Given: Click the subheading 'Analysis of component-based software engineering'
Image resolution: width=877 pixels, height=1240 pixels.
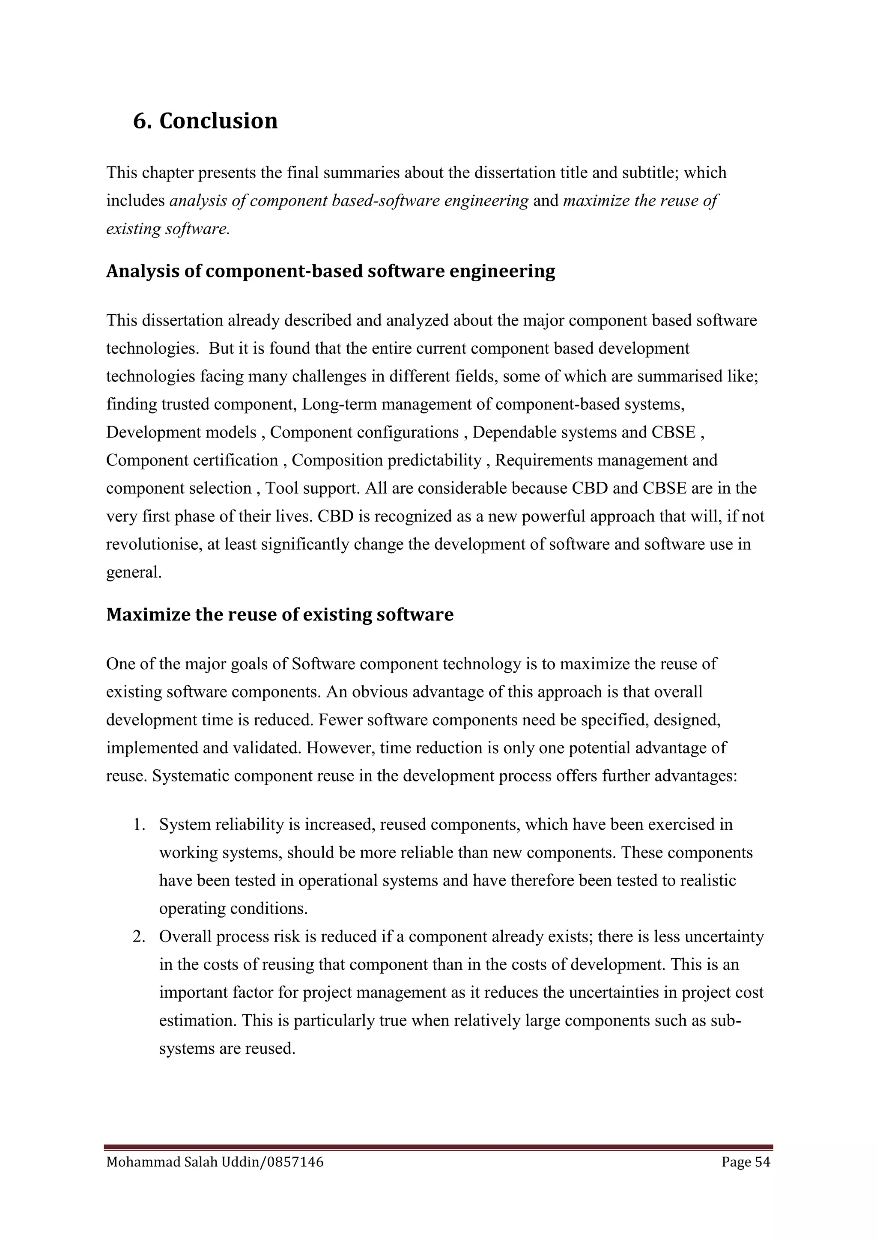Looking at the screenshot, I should click(x=331, y=271).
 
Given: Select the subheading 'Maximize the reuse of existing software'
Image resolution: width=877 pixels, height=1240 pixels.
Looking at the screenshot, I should click(x=280, y=614).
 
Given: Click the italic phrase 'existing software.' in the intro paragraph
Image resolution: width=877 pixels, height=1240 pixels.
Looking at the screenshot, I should click(x=168, y=229).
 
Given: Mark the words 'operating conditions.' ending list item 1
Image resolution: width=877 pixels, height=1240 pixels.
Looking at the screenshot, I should click(x=233, y=909).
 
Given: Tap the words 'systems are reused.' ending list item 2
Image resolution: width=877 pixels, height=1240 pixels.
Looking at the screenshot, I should click(x=227, y=1048).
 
